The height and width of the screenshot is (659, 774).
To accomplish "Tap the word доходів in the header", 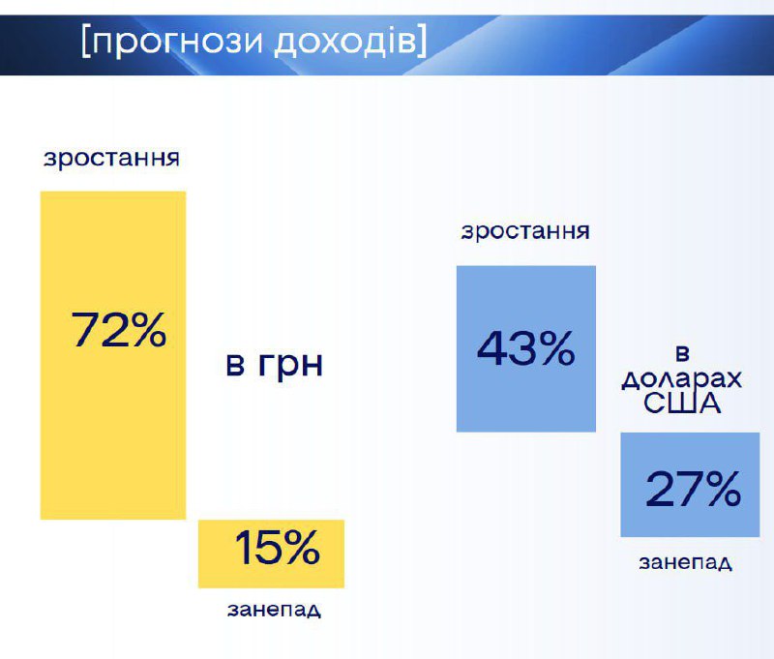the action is (x=345, y=42).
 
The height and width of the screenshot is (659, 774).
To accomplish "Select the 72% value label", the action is (x=118, y=330).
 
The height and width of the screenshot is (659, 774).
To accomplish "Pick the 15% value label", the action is (x=277, y=547).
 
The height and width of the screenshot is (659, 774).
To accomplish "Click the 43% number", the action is (x=525, y=348).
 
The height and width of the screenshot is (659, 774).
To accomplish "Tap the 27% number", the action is (x=693, y=488).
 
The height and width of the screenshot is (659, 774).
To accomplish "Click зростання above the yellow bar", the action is (x=111, y=159).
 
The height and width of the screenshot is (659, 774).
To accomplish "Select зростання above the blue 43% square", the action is (x=525, y=231).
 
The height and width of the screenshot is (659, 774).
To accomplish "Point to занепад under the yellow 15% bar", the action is (x=274, y=610).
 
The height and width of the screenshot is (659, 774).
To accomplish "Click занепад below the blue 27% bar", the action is (x=685, y=562).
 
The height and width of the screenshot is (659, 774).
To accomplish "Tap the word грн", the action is (x=290, y=366).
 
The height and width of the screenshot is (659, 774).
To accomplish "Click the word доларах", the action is (x=682, y=378).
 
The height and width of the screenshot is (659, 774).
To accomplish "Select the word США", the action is (x=682, y=403).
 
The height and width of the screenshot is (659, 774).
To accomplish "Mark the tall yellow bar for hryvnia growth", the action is (x=113, y=355).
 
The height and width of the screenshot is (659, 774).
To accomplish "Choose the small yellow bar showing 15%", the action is (x=271, y=554).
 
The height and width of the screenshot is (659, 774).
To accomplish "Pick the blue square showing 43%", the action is (x=525, y=348).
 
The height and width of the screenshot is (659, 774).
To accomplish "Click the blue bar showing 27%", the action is (x=690, y=484).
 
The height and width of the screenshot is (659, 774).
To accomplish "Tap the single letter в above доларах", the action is (x=682, y=354).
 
